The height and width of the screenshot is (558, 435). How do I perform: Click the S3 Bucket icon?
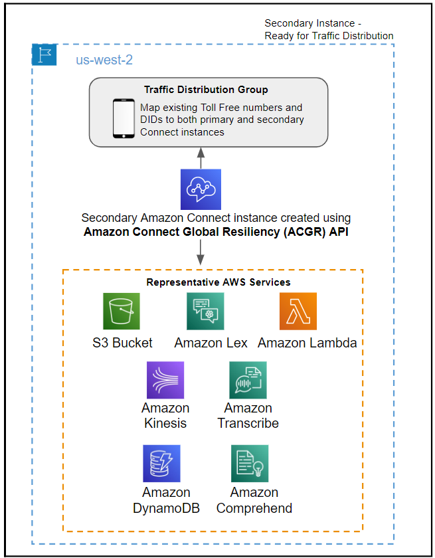pos(122,312)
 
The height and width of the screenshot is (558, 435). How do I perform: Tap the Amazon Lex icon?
pos(206,312)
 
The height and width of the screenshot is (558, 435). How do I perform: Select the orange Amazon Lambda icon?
pos(298,312)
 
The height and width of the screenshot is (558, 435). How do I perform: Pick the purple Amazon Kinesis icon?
pos(165,380)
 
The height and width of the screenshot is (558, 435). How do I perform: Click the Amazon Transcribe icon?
pos(248,380)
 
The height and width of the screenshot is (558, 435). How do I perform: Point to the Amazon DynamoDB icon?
pos(161,464)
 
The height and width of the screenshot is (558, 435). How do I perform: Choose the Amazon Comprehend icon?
pos(250,464)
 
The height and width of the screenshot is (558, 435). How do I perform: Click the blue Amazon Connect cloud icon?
pos(201,189)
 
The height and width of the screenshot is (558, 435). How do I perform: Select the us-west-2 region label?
pos(104,60)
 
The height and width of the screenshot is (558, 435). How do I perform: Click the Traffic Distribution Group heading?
pos(206,90)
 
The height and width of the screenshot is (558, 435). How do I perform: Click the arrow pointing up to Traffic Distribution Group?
pos(201,158)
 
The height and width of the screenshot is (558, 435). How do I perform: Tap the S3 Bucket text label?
pos(122,343)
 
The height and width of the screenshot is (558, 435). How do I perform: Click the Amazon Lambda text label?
pos(307,343)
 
